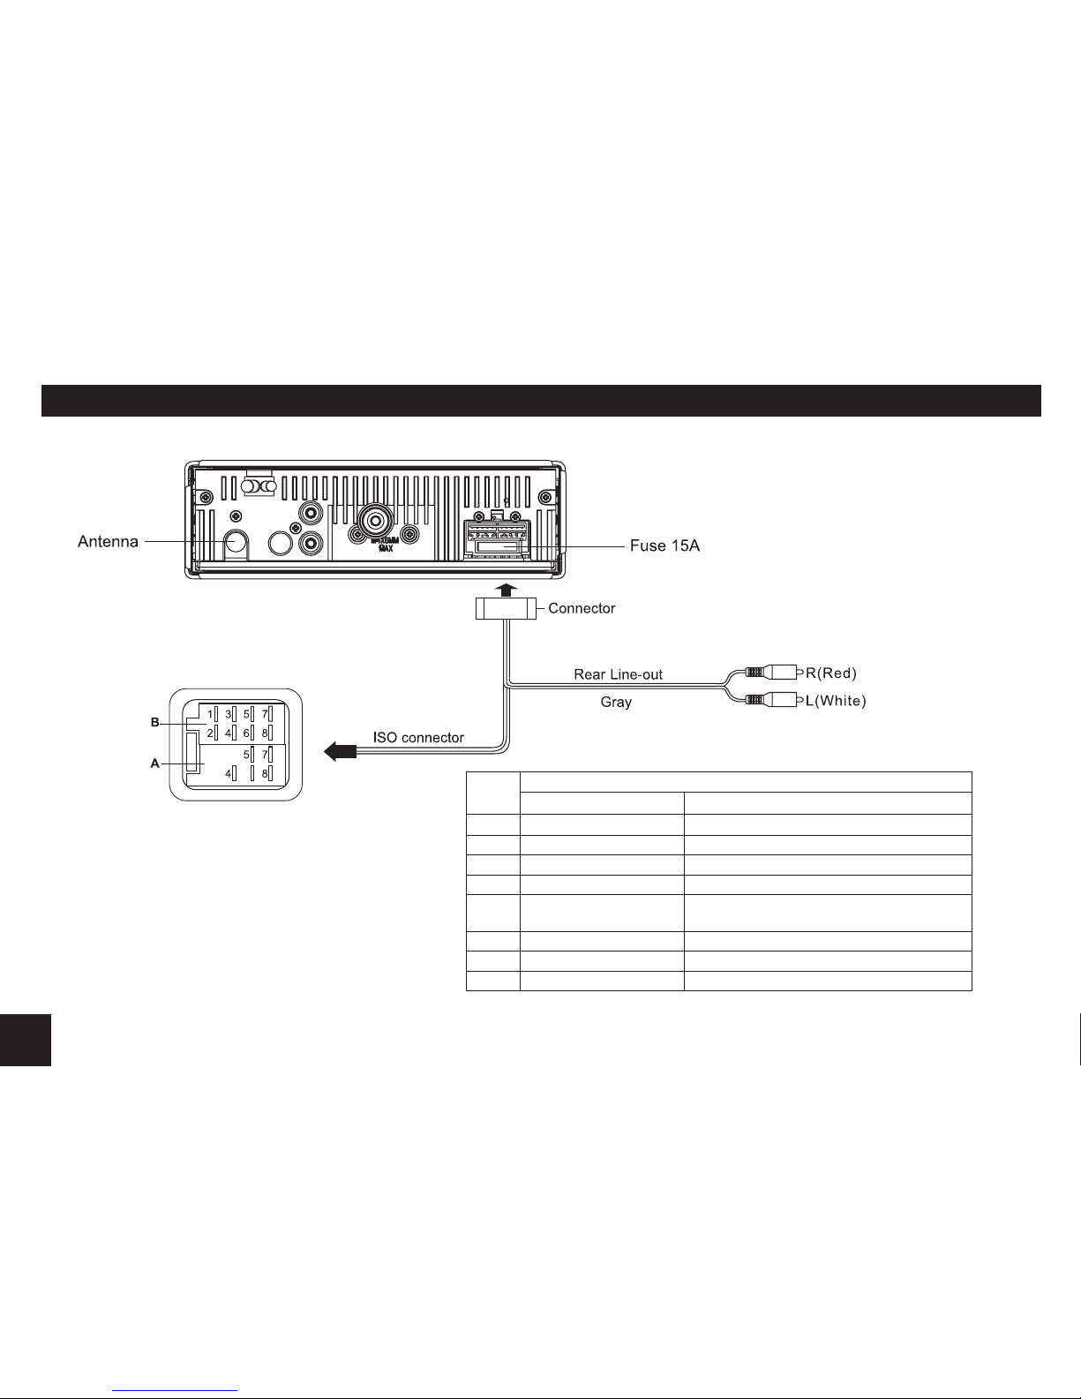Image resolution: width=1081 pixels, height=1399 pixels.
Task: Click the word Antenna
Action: point(108,541)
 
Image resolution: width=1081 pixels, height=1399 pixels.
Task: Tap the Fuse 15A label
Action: point(664,546)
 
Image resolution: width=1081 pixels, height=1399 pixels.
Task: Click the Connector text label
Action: point(582,608)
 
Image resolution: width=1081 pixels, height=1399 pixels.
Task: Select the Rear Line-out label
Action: point(618,674)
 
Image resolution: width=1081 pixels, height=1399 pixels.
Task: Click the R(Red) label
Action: point(831,673)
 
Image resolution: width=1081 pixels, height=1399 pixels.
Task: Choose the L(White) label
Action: point(837,702)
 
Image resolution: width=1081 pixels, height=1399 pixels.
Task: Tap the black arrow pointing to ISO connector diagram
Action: point(340,751)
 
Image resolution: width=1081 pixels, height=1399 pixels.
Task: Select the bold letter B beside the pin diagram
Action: point(154,722)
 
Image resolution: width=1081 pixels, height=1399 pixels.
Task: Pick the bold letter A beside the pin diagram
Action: point(154,763)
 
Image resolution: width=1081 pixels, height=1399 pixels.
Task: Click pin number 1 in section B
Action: point(209,713)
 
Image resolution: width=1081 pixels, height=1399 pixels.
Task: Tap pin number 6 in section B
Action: point(246,733)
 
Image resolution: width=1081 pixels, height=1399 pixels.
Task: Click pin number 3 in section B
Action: point(228,713)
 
